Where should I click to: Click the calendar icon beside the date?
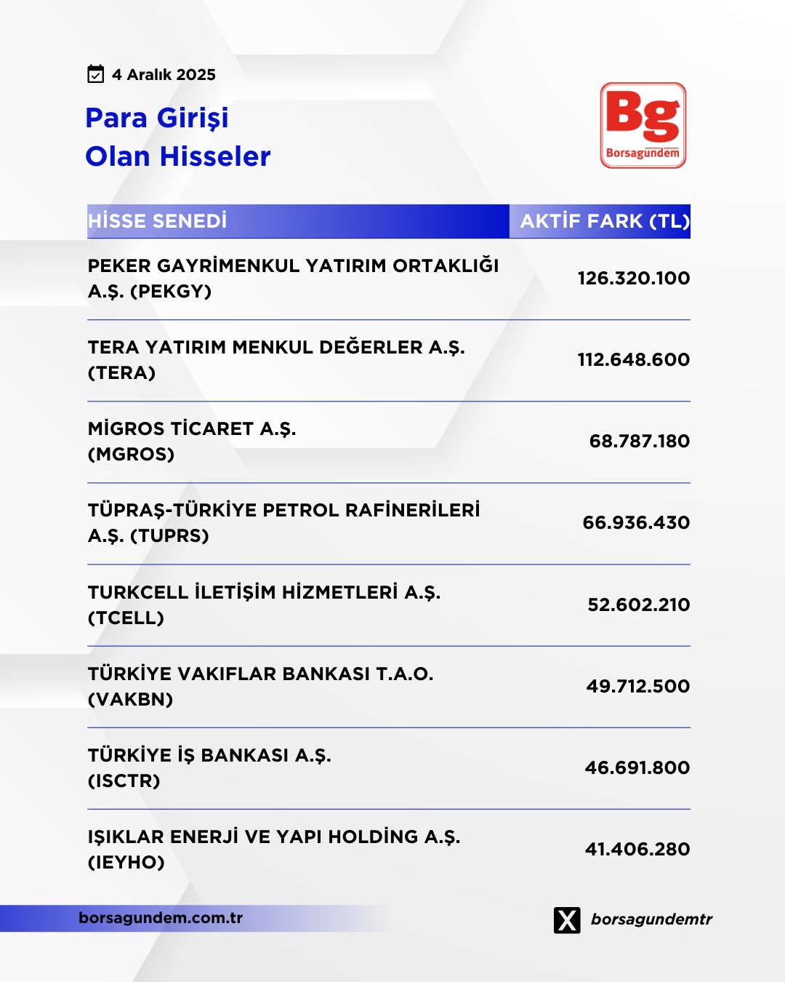coord(95,74)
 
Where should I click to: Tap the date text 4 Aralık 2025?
coord(164,75)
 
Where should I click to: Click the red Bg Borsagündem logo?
coord(643,125)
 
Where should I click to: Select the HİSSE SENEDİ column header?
coord(158,221)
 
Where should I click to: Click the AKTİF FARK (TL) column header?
coord(605,221)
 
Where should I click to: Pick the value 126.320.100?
coord(633,278)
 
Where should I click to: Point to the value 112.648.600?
coord(633,359)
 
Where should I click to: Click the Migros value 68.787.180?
coord(639,441)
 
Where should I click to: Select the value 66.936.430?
coord(636,522)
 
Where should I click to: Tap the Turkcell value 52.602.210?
coord(638,604)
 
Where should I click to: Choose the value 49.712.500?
coord(637,686)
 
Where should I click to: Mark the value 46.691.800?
coord(637,767)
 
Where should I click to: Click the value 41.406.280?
coord(637,849)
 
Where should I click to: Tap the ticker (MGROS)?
coord(132,455)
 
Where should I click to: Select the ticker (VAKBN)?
coord(131,700)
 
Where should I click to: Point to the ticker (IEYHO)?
coord(126,863)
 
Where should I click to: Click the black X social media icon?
coord(567,920)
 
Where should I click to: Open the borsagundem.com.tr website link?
coord(161,918)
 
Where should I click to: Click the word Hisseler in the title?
coord(215,156)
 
